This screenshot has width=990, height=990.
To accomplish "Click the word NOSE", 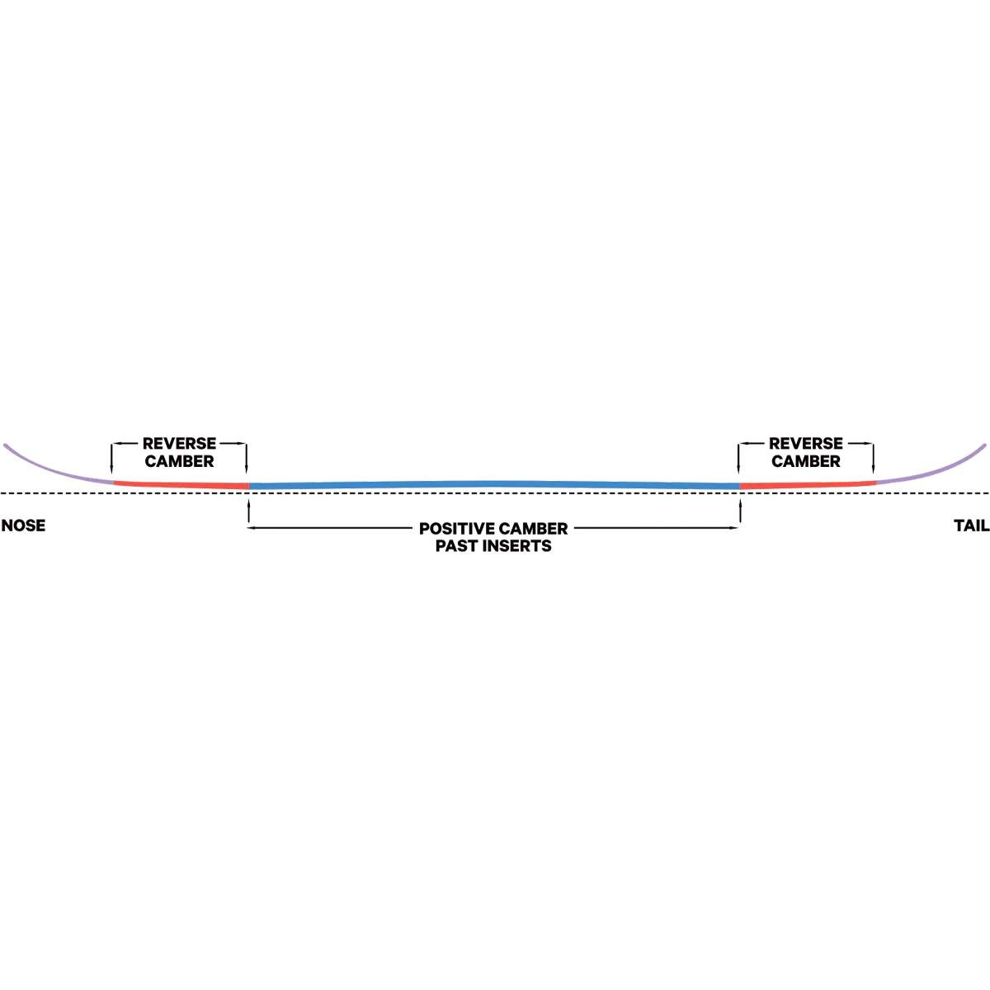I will click(x=23, y=526).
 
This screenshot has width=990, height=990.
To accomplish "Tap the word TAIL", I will click(x=971, y=526).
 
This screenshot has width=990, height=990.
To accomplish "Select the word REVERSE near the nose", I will click(x=179, y=444).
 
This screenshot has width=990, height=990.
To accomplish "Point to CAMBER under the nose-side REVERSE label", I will click(x=179, y=461).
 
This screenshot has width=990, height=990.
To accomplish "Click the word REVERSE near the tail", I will click(x=806, y=444).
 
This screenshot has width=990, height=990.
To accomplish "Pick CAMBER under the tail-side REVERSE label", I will click(x=806, y=461).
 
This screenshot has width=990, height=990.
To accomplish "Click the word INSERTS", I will click(x=520, y=546).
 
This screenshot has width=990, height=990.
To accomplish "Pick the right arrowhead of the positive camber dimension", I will click(x=738, y=529).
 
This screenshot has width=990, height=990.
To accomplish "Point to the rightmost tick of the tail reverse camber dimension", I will click(x=874, y=455).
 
